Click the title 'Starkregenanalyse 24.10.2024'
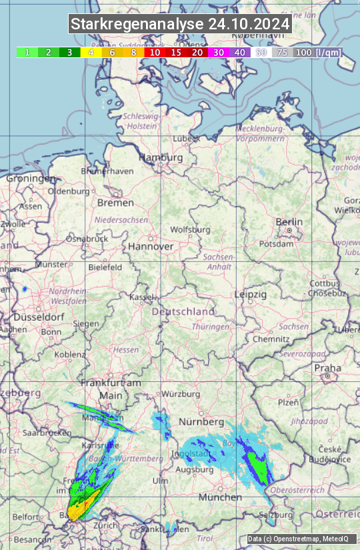[180, 24]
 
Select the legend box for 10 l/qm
[155, 52]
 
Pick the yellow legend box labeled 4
[91, 52]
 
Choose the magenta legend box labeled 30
[219, 52]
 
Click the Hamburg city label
[161, 158]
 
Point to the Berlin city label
[289, 222]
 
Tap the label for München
[220, 497]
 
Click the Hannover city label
[151, 246]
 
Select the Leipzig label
[251, 294]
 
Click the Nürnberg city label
[201, 422]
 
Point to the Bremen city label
[115, 202]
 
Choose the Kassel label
[141, 297]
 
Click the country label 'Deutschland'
[183, 311]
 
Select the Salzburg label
[276, 515]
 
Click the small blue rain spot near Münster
[25, 289]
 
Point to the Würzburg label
[181, 394]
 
